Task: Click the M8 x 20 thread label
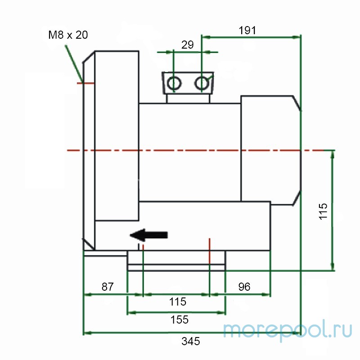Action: pos(68,35)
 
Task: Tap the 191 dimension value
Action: pos(247,30)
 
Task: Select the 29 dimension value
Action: pos(187,45)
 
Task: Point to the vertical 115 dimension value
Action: pos(323,211)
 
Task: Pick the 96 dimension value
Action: pos(243,287)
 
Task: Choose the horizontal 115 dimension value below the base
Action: pos(177,301)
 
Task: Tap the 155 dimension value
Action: pos(179,319)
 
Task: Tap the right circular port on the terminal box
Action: pos(202,83)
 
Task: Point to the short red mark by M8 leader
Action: pos(87,83)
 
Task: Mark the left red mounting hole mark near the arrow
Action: pos(143,247)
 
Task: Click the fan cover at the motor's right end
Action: pos(270,149)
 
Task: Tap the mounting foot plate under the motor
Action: pos(176,261)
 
